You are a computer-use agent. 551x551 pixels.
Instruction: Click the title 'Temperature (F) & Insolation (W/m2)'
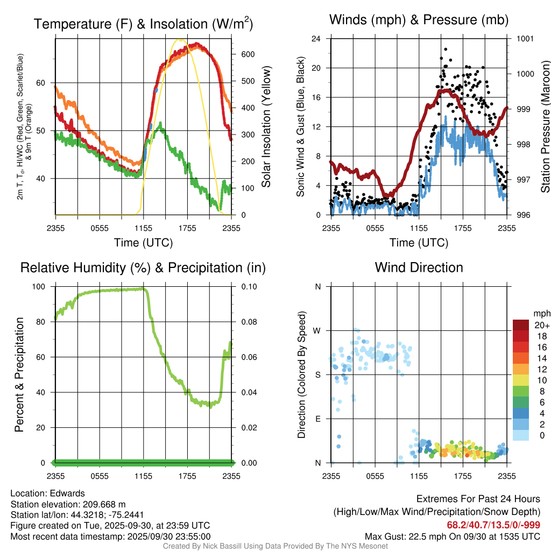click(143, 24)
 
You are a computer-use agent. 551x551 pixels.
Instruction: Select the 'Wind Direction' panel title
click(419, 267)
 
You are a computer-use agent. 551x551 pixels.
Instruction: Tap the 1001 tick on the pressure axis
click(524, 39)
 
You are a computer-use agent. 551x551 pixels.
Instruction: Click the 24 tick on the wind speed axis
click(316, 39)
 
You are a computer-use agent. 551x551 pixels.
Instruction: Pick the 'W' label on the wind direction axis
click(317, 330)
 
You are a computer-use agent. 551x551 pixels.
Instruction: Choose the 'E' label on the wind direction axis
click(317, 419)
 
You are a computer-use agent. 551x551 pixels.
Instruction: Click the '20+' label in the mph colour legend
click(541, 325)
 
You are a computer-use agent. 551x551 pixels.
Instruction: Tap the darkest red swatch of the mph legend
click(522, 325)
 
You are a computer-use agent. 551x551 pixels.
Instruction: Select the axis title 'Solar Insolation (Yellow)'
click(266, 127)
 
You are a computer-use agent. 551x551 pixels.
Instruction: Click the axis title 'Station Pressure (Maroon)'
click(545, 127)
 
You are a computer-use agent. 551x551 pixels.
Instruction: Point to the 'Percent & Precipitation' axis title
click(19, 375)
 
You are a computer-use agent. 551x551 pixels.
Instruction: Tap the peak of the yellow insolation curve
click(180, 40)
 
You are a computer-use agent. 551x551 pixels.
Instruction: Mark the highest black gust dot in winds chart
click(445, 49)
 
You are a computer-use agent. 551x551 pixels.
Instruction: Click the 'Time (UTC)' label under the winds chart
click(419, 243)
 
